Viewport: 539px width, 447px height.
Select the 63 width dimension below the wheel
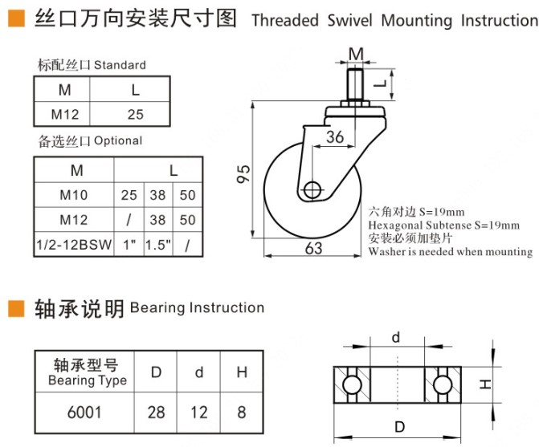[313, 248]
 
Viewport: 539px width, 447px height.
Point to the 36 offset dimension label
[335, 137]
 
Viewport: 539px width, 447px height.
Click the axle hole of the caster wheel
[312, 190]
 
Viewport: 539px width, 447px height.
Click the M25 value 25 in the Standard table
[135, 114]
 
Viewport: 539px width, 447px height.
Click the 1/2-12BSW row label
[76, 245]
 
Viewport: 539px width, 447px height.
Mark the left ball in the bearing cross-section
[350, 386]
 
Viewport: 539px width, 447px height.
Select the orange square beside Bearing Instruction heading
[15, 307]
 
